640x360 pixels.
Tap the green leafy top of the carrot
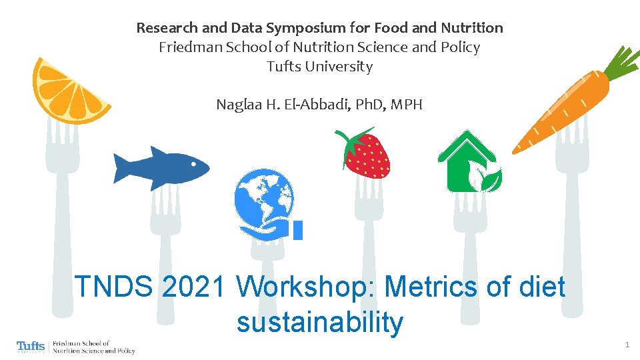(621, 63)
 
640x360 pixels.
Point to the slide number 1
(627, 345)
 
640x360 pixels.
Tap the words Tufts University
(319, 67)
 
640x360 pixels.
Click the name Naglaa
(238, 105)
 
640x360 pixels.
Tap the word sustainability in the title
(319, 323)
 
